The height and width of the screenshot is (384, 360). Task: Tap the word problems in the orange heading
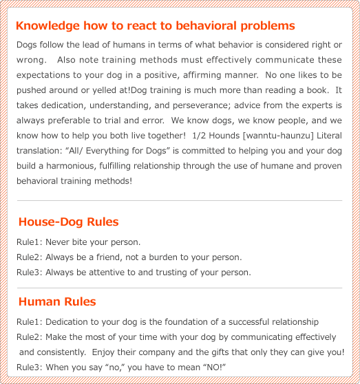click(268, 26)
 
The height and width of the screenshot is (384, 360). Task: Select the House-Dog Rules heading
click(68, 222)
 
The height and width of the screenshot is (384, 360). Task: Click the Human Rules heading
click(57, 301)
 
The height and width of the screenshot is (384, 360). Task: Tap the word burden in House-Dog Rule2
click(171, 257)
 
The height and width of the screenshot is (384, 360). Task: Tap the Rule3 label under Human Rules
click(28, 367)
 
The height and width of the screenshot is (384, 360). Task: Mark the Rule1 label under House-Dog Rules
click(28, 242)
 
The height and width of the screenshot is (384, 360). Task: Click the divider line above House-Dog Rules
click(179, 201)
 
